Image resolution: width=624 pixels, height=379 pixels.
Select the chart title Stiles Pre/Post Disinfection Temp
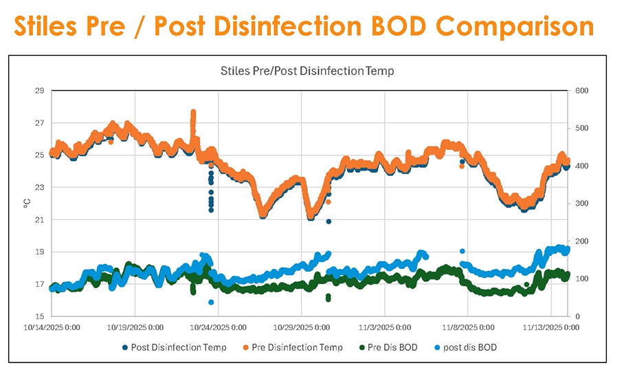307,70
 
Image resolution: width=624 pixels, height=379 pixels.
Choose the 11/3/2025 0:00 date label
386,327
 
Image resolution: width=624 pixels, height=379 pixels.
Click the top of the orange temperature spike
193,112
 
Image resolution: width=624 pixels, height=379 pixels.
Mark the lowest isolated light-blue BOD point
211,302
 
